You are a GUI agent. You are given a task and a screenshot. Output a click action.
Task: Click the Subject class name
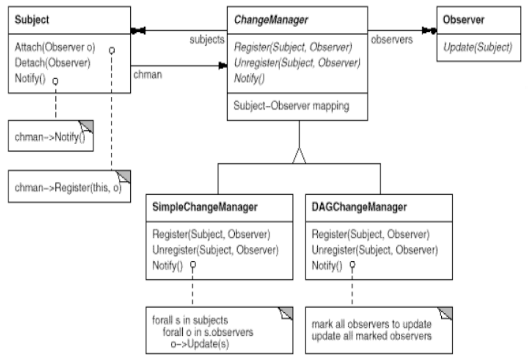pyautogui.click(x=32, y=20)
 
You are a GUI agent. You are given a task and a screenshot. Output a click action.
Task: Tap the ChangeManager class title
pyautogui.click(x=271, y=20)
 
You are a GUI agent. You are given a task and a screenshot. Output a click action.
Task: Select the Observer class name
pyautogui.click(x=463, y=20)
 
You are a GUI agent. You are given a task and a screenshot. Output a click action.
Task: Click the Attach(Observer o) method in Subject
pyautogui.click(x=54, y=47)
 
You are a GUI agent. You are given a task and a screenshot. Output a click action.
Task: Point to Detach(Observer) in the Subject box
pyautogui.click(x=52, y=63)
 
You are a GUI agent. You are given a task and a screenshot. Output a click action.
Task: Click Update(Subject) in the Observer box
pyautogui.click(x=478, y=47)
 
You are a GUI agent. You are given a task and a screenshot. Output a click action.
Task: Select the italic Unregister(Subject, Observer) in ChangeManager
pyautogui.click(x=297, y=63)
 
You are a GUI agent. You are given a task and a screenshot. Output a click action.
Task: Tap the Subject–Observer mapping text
pyautogui.click(x=291, y=106)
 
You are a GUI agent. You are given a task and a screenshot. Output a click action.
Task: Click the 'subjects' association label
pyautogui.click(x=207, y=40)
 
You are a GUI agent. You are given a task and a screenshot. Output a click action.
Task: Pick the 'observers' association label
pyautogui.click(x=392, y=40)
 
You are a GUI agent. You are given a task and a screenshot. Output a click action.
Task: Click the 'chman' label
pyautogui.click(x=148, y=75)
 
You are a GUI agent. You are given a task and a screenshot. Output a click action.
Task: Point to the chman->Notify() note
pyautogui.click(x=51, y=136)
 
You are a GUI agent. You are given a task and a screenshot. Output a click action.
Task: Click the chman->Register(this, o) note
pyautogui.click(x=69, y=187)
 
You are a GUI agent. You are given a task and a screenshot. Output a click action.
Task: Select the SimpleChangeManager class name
pyautogui.click(x=205, y=207)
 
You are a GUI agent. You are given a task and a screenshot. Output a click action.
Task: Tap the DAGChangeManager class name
pyautogui.click(x=359, y=207)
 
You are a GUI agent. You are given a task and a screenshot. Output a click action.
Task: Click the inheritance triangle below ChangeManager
pyautogui.click(x=299, y=156)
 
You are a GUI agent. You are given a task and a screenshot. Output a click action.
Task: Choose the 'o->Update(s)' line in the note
pyautogui.click(x=200, y=344)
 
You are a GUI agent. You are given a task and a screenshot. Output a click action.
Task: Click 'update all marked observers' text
pyautogui.click(x=371, y=336)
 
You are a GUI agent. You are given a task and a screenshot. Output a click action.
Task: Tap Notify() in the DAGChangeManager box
pyautogui.click(x=326, y=266)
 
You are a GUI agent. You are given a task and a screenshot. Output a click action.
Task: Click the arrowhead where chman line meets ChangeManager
pyautogui.click(x=223, y=66)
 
